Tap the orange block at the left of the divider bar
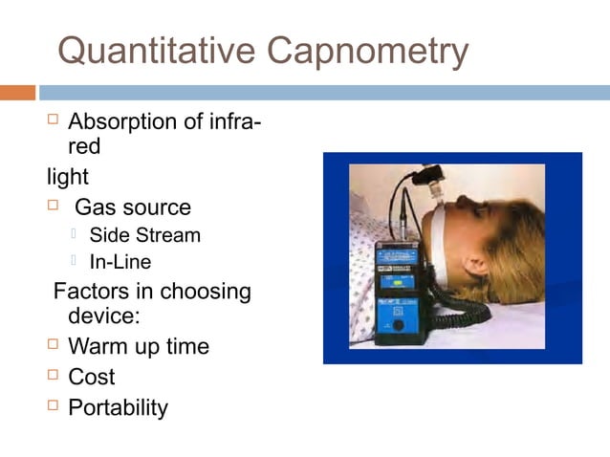tap(17, 93)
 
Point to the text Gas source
tap(132, 207)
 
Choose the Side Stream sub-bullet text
tap(145, 235)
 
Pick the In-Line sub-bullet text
tap(120, 261)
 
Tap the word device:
tap(103, 316)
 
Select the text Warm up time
tap(139, 345)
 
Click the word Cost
tap(92, 377)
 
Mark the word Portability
tap(118, 408)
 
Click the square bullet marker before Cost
tap(54, 376)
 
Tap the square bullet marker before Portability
tap(54, 407)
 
